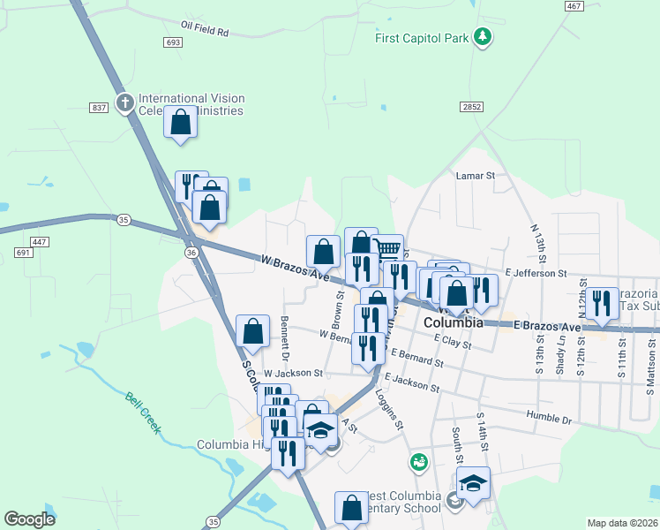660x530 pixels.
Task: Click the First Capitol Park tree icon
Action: click(x=483, y=36)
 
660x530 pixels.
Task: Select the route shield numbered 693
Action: click(x=173, y=42)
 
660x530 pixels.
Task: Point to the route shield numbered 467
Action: click(x=574, y=6)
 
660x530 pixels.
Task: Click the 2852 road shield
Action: click(x=471, y=106)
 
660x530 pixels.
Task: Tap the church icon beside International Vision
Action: click(x=124, y=103)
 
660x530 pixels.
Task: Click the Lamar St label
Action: click(x=476, y=176)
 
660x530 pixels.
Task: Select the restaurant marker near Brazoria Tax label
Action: click(x=603, y=303)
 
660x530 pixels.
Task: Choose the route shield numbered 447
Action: click(x=38, y=241)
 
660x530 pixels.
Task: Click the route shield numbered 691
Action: click(x=23, y=254)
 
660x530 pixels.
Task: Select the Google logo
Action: click(x=29, y=519)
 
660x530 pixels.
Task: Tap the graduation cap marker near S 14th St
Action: click(x=473, y=482)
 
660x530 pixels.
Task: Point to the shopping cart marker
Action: click(x=387, y=249)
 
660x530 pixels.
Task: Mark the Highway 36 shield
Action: click(x=191, y=253)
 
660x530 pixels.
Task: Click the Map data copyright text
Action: click(x=621, y=523)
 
